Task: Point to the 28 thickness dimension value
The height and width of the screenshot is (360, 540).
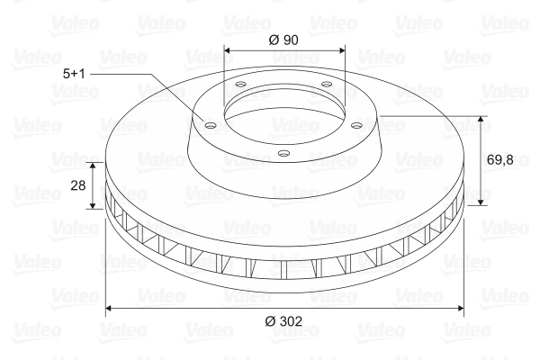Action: pyautogui.click(x=77, y=184)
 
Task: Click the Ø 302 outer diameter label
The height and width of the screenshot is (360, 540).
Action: pyautogui.click(x=284, y=321)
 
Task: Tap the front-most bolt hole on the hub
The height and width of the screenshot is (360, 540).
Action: pyautogui.click(x=283, y=153)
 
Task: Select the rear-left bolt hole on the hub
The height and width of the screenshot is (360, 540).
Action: pyautogui.click(x=241, y=87)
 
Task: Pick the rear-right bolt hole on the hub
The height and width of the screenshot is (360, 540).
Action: pyautogui.click(x=326, y=86)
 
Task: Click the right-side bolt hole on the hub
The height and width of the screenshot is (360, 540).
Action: pyautogui.click(x=357, y=125)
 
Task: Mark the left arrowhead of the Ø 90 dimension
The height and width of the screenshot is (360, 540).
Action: pyautogui.click(x=226, y=50)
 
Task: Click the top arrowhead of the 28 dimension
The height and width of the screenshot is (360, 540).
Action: pyautogui.click(x=93, y=166)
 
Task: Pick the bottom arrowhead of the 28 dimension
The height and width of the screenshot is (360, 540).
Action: pyautogui.click(x=93, y=205)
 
